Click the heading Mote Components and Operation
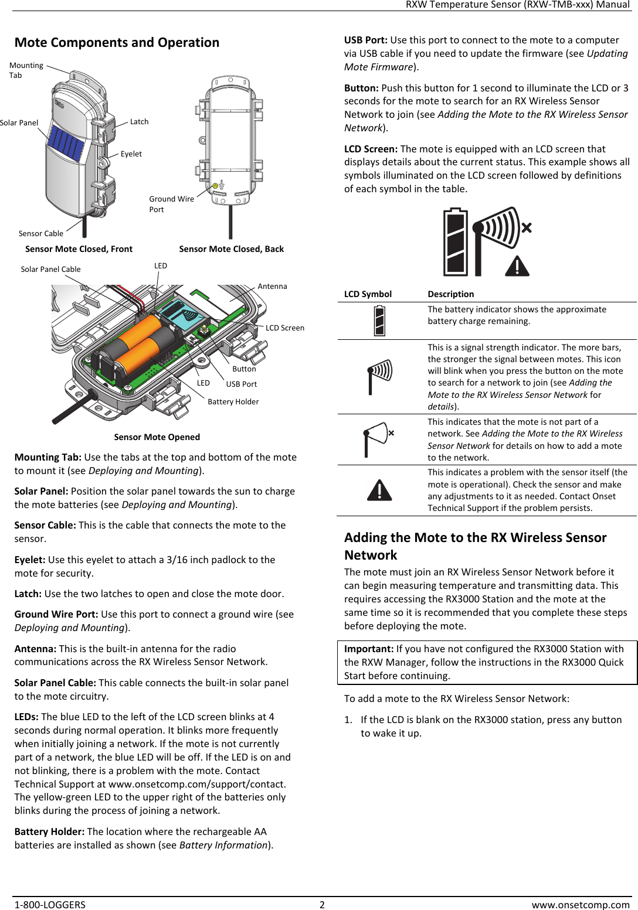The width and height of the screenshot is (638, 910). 117,43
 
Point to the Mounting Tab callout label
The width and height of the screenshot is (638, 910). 26,70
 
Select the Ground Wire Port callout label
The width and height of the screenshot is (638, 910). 171,204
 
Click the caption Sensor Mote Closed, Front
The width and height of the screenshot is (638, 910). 79,249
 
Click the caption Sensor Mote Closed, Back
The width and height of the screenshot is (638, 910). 231,249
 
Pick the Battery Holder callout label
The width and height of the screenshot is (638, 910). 233,402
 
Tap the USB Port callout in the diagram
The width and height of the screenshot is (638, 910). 241,384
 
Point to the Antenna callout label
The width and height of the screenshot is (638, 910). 272,287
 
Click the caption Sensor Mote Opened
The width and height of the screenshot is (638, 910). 157,437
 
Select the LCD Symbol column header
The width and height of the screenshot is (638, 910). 368,294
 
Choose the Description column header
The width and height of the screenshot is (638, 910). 450,294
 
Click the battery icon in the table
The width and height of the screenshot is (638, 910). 379,321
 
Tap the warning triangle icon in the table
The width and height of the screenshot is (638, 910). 379,490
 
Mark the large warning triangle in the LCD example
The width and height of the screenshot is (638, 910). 517,267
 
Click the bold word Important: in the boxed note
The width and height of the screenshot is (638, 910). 369,649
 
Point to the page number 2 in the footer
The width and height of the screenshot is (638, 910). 322,905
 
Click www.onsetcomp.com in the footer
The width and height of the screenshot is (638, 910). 580,905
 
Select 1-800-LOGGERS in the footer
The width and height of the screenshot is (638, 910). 50,905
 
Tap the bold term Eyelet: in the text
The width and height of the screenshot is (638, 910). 30,560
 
